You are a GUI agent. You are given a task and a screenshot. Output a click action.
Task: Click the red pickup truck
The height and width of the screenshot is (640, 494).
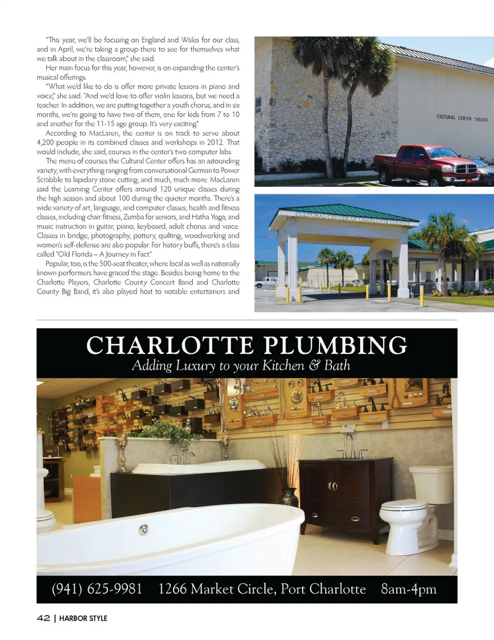coord(427,164)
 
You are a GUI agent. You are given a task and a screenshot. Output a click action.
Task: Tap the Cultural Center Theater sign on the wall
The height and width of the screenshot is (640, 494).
coord(462,118)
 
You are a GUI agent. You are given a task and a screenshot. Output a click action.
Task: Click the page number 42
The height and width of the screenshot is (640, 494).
coord(43,618)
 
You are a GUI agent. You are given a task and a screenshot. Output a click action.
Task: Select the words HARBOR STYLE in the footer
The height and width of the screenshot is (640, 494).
coord(83,618)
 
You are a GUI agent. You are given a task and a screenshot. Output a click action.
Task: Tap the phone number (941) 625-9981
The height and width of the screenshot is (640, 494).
coord(97,589)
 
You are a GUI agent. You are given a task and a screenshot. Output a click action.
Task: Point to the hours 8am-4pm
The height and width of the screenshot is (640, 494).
coord(409,589)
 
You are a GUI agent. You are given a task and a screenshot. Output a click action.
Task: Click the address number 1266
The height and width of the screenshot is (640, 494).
coord(172,589)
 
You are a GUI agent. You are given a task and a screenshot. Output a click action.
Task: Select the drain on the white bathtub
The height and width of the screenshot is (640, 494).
coord(144,529)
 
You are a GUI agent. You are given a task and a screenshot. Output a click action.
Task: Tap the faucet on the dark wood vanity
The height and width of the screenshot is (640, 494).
coord(350,446)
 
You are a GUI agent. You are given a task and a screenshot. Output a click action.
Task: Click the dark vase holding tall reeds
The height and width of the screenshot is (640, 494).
coord(288,497)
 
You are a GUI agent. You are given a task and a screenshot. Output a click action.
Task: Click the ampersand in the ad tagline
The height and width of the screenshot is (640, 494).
coord(314,365)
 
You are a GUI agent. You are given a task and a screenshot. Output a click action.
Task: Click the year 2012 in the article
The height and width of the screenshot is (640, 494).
coord(215,143)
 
